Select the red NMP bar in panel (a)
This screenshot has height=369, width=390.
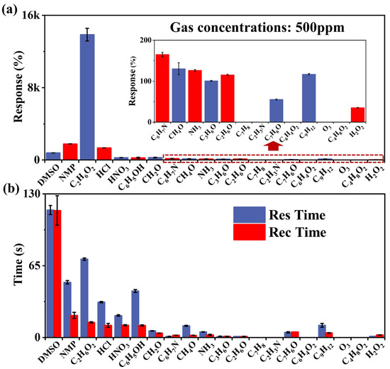point(70,151)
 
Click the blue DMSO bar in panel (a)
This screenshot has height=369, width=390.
point(53,155)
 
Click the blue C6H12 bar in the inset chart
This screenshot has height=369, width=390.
point(308,98)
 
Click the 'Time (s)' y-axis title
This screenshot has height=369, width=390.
point(9,265)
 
